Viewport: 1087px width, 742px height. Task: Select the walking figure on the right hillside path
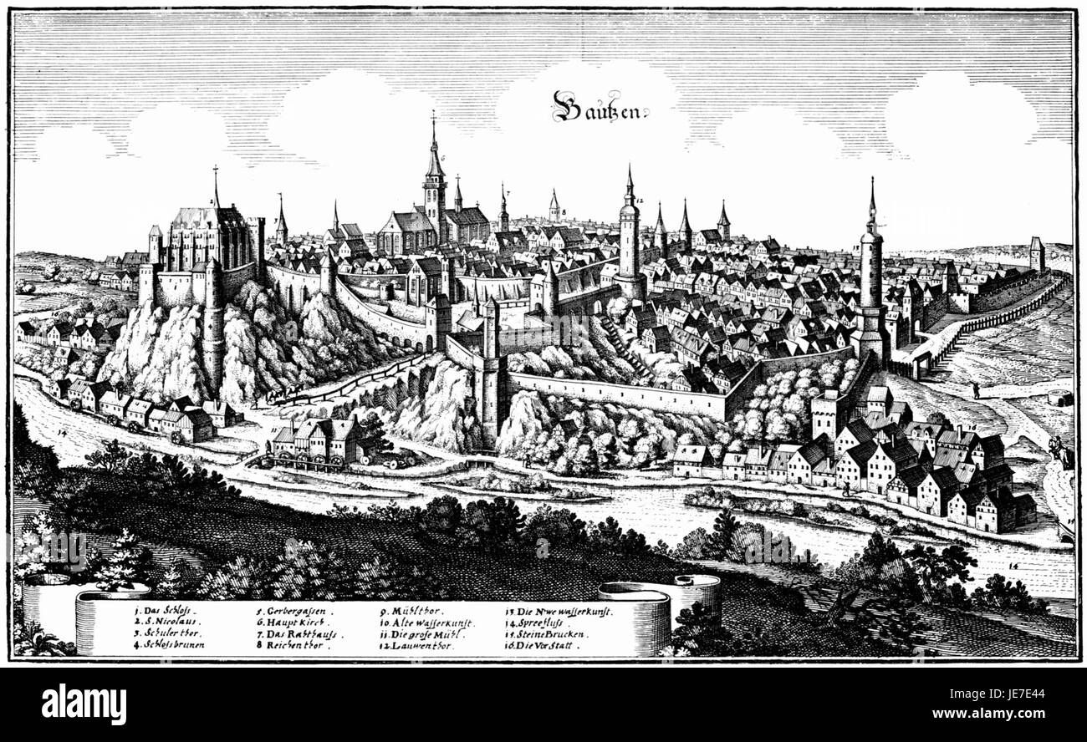[x=975, y=389]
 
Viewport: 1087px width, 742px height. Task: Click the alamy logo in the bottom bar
[x=84, y=703]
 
